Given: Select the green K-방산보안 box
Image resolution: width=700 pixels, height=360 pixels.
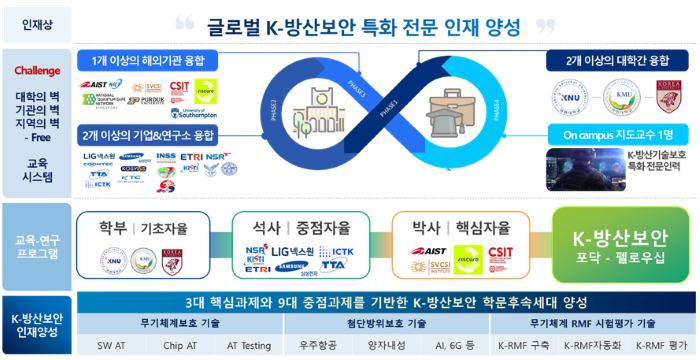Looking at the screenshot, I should [x=618, y=244].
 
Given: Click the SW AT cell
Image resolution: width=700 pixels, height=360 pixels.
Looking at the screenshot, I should [x=110, y=345].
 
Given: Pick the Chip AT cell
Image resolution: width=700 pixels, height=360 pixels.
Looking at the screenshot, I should [x=181, y=345].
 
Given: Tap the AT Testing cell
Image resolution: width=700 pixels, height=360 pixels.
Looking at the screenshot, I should [x=249, y=345].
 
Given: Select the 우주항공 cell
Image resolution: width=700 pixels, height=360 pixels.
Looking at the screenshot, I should [x=318, y=345].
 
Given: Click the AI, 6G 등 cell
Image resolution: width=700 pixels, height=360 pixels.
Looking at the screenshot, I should [x=455, y=345].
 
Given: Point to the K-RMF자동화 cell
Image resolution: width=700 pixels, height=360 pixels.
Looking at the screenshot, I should [x=591, y=345].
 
